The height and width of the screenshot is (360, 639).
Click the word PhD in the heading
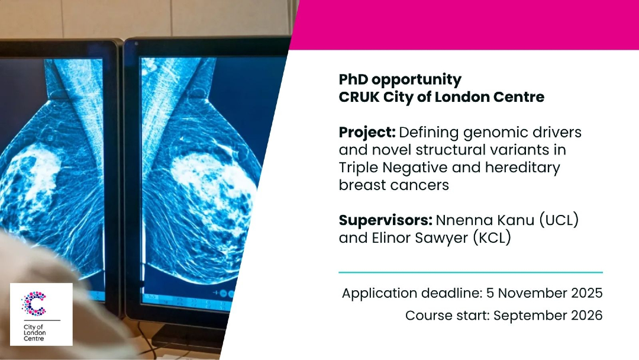point(353,79)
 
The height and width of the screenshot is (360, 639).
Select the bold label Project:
point(367,133)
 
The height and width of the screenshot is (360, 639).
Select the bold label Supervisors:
point(386,221)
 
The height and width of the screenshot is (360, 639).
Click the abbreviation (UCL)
point(559,221)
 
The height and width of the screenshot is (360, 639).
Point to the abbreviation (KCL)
point(492,238)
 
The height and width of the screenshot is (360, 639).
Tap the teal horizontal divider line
point(471,272)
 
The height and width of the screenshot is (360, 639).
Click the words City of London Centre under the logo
point(35,333)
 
